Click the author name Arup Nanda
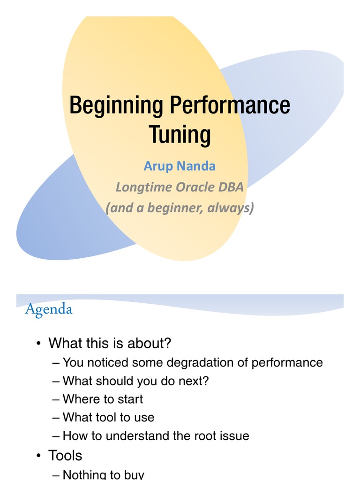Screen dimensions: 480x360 (180, 166)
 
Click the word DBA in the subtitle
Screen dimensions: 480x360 (231, 187)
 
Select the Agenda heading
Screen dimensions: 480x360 (49, 309)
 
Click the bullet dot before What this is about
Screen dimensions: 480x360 (39, 344)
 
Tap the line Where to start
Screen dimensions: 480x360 (103, 399)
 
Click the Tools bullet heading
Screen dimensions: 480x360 (65, 455)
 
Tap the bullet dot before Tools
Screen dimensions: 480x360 (39, 456)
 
